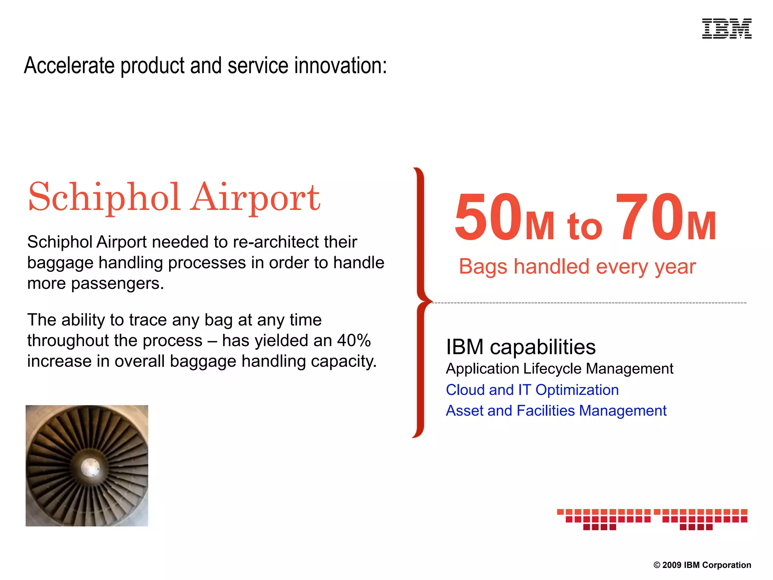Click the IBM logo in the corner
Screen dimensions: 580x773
click(727, 29)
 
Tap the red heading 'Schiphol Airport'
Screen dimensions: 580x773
click(174, 197)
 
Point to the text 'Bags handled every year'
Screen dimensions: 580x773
click(577, 267)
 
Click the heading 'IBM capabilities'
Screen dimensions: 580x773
click(520, 347)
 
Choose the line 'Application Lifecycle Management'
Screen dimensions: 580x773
click(559, 369)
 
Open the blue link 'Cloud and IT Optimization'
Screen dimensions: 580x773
click(532, 390)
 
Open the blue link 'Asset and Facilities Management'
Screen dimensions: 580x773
click(556, 410)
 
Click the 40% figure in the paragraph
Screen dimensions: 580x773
click(354, 341)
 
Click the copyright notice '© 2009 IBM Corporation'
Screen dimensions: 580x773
click(702, 565)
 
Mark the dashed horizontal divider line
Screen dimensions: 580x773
click(589, 303)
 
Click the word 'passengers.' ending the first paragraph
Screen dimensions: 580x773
click(117, 284)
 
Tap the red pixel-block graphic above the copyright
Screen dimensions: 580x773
click(652, 519)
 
